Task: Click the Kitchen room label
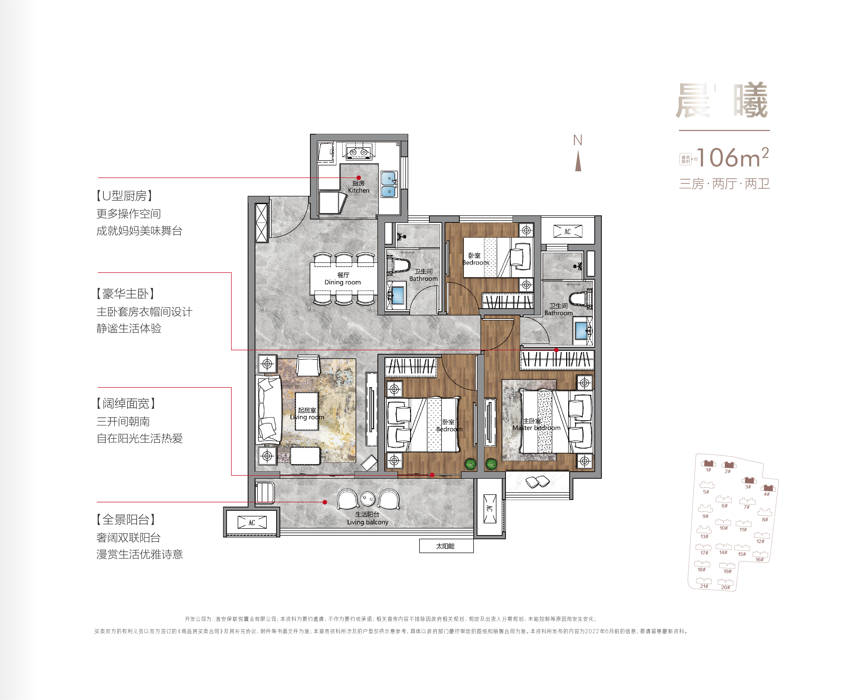[x=358, y=187]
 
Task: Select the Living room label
[x=307, y=414]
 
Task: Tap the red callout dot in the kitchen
[x=358, y=177]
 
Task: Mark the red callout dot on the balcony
[x=325, y=502]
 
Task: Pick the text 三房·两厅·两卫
[x=725, y=184]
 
